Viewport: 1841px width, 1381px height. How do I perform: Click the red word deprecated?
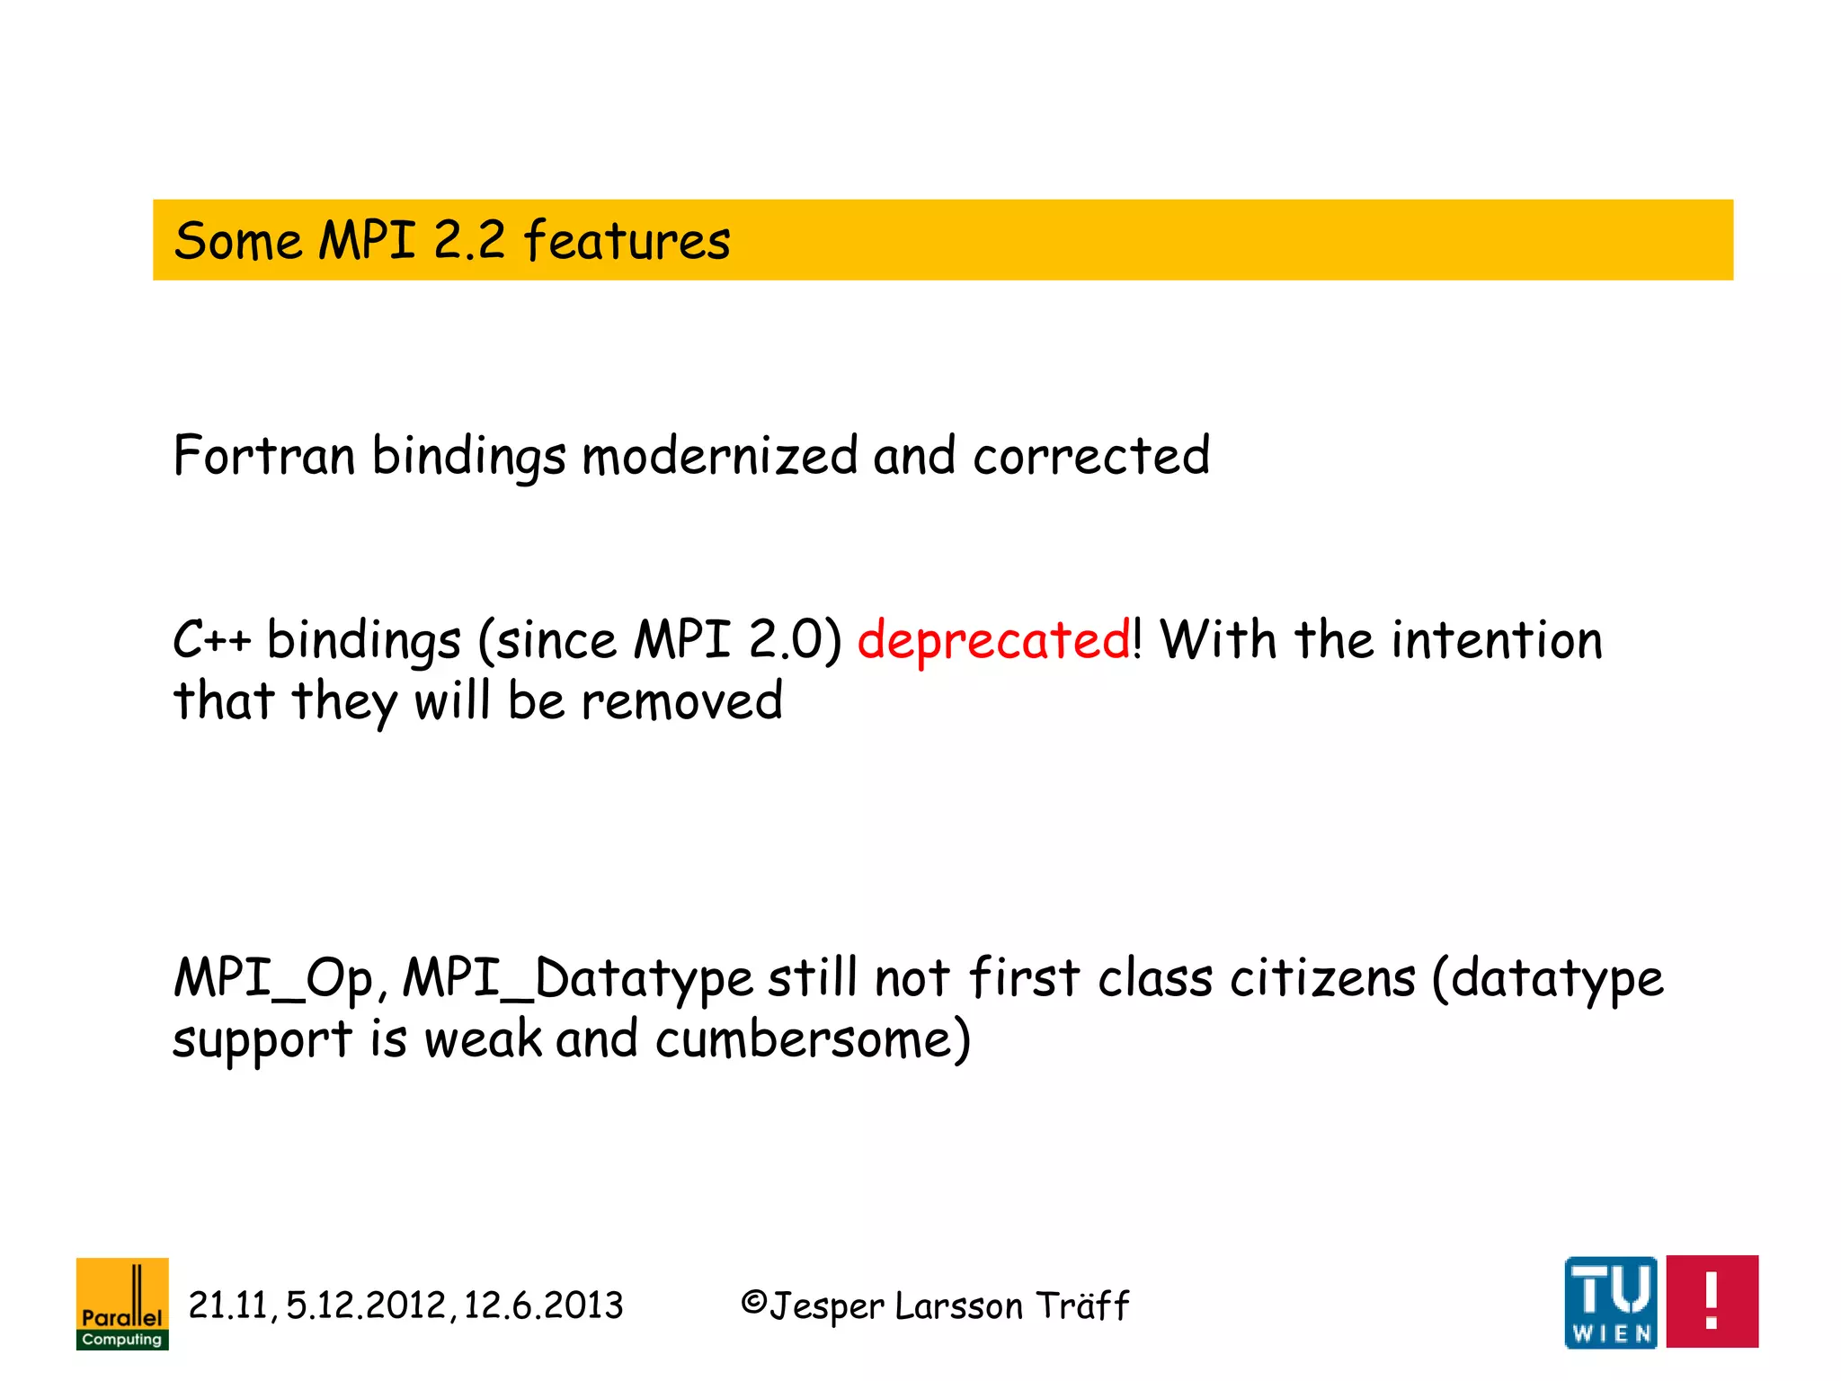(993, 641)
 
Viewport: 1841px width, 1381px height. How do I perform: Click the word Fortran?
(264, 456)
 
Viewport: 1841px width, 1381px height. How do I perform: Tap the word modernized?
(719, 456)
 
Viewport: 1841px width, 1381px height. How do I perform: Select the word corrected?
(1090, 456)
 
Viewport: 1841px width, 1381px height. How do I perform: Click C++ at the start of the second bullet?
(211, 641)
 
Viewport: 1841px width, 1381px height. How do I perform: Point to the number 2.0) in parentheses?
(795, 641)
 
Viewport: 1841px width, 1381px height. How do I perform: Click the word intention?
(1497, 641)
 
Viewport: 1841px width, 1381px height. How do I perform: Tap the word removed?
(681, 701)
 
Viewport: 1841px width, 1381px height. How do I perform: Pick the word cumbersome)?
(813, 1040)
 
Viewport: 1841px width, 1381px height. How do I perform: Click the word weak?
(483, 1040)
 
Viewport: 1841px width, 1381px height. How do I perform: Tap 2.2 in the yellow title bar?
(468, 241)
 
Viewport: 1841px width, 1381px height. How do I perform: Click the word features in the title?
(627, 241)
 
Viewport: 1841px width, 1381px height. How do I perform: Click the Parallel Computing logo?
(122, 1304)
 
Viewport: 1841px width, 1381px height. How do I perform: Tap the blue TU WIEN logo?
(1610, 1302)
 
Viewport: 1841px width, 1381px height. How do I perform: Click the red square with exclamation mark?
(1712, 1302)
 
